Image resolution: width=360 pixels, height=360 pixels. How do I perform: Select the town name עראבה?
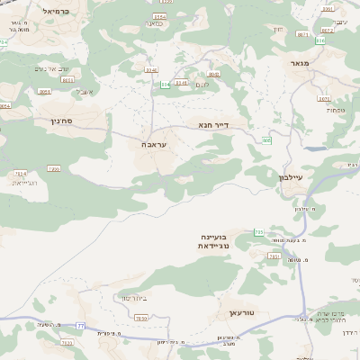click(x=154, y=143)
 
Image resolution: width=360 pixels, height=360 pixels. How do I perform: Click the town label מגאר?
click(x=301, y=64)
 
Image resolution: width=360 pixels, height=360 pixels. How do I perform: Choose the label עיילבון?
click(x=296, y=179)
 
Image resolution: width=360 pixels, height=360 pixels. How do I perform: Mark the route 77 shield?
click(x=81, y=325)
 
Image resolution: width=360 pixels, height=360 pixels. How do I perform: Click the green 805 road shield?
click(x=266, y=139)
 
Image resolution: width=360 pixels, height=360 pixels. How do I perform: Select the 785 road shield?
click(x=258, y=232)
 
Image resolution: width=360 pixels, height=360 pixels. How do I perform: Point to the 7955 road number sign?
click(x=53, y=168)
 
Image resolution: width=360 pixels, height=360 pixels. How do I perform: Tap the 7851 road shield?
click(x=274, y=256)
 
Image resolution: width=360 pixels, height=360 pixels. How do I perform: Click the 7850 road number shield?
click(x=140, y=318)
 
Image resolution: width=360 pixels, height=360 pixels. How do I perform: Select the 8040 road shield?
click(x=150, y=69)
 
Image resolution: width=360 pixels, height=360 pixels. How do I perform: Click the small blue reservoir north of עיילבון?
click(x=315, y=148)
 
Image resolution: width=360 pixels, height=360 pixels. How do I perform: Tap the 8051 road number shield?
click(x=45, y=92)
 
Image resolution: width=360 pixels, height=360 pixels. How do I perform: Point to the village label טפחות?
click(x=328, y=110)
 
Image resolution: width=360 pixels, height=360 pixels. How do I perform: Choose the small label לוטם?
click(x=202, y=84)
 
